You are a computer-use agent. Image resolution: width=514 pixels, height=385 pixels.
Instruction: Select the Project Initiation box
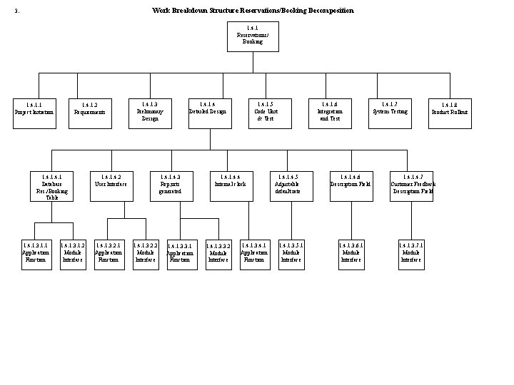34,112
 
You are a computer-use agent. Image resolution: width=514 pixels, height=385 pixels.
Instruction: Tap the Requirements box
90,112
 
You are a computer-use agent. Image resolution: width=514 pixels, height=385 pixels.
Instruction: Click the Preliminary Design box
150,112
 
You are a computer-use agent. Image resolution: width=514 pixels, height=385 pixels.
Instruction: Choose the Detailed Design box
208,112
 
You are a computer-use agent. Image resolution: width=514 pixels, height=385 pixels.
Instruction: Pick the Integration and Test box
330,112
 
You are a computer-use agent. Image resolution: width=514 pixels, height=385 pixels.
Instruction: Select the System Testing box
390,112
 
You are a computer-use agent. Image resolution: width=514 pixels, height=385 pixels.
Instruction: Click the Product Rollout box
450,112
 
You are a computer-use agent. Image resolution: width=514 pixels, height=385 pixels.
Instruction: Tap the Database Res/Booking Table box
52,185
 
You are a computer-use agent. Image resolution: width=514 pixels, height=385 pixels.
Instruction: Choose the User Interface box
111,185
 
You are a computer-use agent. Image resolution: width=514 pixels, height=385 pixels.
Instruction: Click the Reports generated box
171,185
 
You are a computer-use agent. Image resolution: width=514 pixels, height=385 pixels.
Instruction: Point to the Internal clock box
231,185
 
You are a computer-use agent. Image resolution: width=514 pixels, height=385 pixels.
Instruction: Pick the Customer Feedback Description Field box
411,185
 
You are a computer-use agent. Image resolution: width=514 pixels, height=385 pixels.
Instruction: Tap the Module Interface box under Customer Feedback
411,253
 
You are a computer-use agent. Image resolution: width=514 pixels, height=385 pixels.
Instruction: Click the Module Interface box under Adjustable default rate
291,253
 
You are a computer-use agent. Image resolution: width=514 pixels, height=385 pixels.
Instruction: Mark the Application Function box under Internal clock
254,253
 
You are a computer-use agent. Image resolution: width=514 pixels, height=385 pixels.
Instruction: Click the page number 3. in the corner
16,11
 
